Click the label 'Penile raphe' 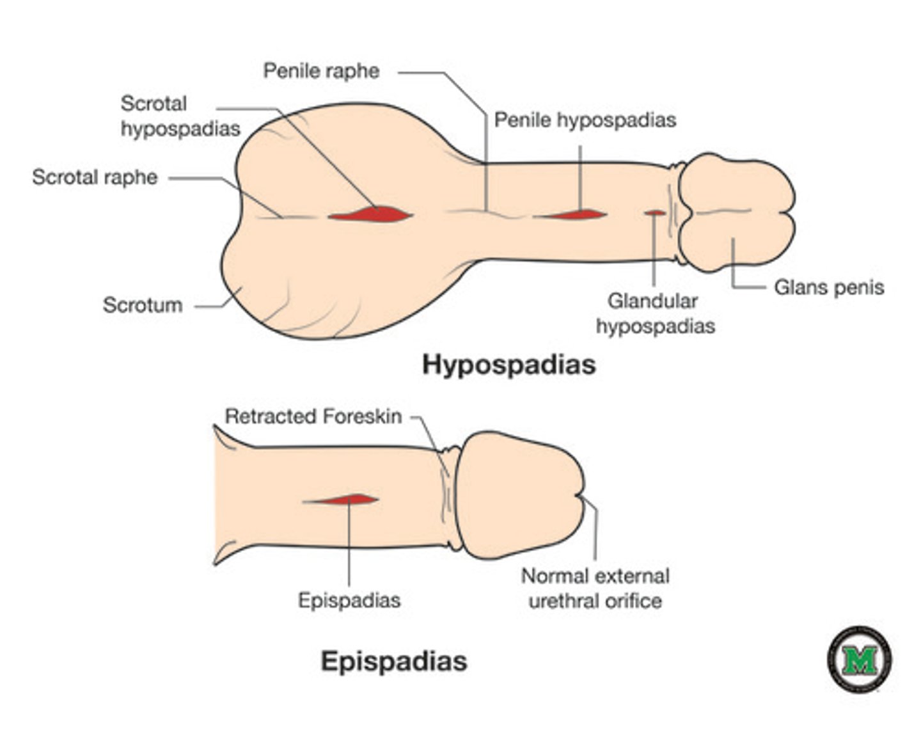pos(321,70)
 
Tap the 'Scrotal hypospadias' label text pos(180,116)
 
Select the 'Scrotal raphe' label pos(95,177)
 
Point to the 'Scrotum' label pos(142,305)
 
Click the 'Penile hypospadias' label pos(585,120)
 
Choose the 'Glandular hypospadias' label pos(654,313)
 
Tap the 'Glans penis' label pos(828,287)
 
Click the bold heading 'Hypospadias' pos(508,365)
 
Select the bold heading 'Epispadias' pos(393,661)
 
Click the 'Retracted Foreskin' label pos(313,416)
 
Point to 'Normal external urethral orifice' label pos(595,589)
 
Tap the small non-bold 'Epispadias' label pos(349,600)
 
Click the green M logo pos(859,660)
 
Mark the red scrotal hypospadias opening pos(370,214)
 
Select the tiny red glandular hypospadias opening pos(654,212)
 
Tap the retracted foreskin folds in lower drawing pos(450,499)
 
